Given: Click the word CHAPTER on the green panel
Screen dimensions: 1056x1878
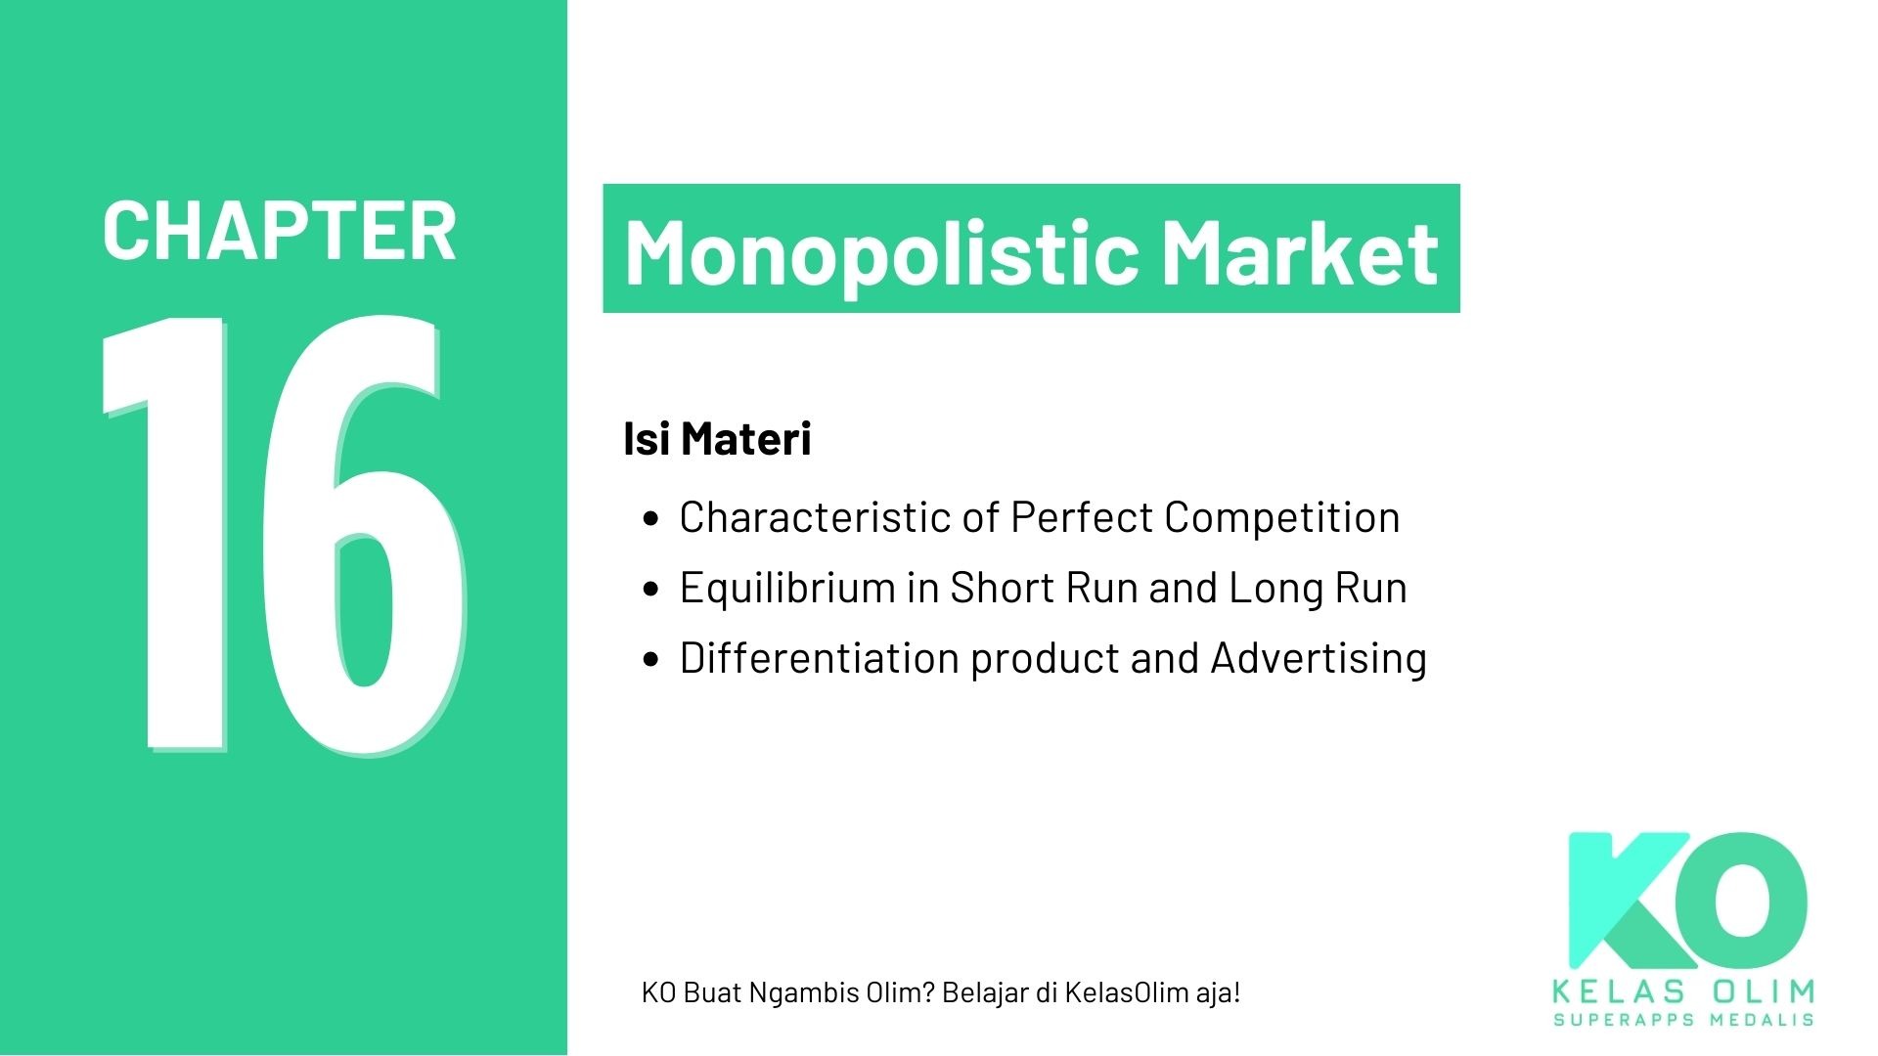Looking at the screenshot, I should click(x=279, y=232).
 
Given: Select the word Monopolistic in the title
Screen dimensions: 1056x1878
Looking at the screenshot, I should click(x=881, y=251).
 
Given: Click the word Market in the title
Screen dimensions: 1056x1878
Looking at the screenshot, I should click(x=1300, y=251).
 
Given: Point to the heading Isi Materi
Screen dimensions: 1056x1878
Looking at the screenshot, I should click(x=717, y=438).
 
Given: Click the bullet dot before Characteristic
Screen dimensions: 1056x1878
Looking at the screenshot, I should click(x=652, y=519).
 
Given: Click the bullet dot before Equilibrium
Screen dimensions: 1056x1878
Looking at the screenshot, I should click(x=652, y=590).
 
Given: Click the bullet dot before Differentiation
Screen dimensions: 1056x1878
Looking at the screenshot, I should click(x=652, y=660).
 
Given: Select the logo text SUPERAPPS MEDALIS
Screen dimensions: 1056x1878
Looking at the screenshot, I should click(x=1683, y=1020).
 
